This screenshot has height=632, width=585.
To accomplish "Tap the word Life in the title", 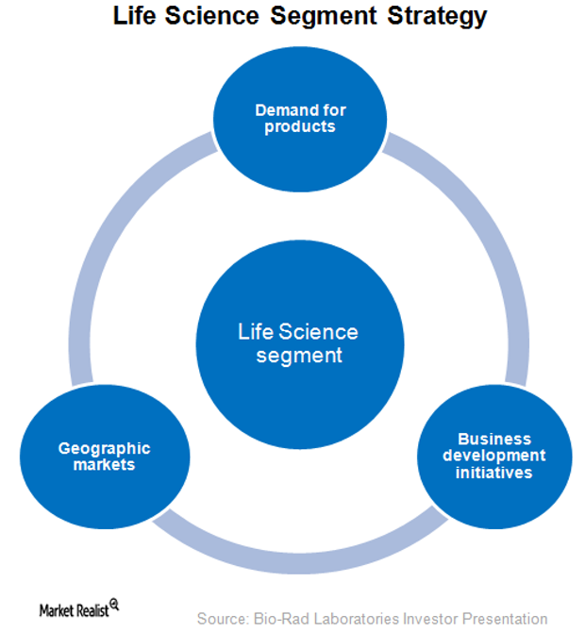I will (133, 17).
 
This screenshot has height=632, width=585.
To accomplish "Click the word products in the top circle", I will (299, 126).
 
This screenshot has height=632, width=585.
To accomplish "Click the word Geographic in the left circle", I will (104, 448).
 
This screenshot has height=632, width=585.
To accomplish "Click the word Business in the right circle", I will (494, 439).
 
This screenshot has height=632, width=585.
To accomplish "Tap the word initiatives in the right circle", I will (494, 473).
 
